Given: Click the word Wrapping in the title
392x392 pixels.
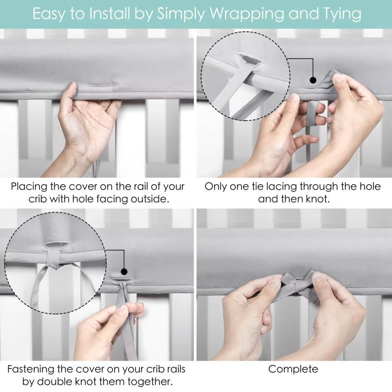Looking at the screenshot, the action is pyautogui.click(x=247, y=14).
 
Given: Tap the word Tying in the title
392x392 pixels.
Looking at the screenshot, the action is pyautogui.click(x=342, y=14).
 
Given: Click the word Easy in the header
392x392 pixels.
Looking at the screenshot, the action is pyautogui.click(x=49, y=14).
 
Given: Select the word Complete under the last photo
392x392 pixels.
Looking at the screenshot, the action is pyautogui.click(x=293, y=369).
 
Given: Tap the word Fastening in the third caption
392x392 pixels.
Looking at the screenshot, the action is pyautogui.click(x=30, y=369).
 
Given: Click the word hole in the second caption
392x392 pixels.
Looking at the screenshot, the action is pyautogui.click(x=370, y=187).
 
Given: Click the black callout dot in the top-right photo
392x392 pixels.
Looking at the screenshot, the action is pyautogui.click(x=313, y=80).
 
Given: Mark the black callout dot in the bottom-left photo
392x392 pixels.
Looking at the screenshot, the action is pyautogui.click(x=124, y=271).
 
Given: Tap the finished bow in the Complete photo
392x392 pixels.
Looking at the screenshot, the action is pyautogui.click(x=297, y=285).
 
